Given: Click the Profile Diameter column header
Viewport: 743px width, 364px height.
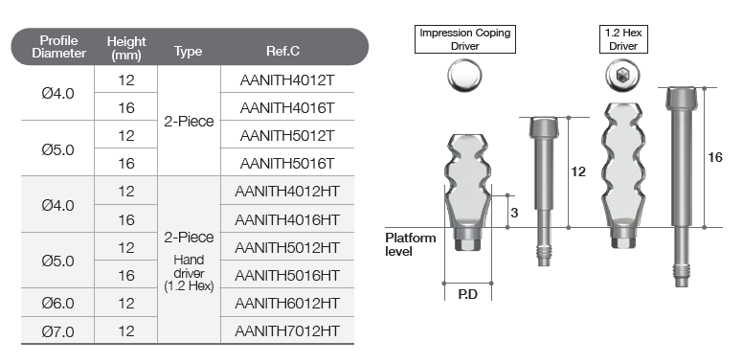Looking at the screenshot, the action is (x=58, y=47).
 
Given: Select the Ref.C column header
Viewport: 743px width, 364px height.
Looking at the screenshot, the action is (x=282, y=51).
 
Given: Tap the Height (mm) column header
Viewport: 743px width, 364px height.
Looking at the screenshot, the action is (x=126, y=48).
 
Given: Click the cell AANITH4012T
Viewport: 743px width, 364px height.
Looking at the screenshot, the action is (x=287, y=80).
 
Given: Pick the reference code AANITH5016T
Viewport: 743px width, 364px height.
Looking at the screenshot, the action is (x=287, y=164).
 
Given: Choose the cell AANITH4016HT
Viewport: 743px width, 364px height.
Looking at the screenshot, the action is (x=287, y=220).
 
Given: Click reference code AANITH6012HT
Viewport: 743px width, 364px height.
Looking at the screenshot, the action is (x=287, y=304).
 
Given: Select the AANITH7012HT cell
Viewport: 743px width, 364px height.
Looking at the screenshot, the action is (x=287, y=330).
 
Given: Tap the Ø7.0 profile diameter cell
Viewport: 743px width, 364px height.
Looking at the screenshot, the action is (x=57, y=331).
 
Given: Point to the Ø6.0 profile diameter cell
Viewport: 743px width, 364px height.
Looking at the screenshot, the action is (x=57, y=304).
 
